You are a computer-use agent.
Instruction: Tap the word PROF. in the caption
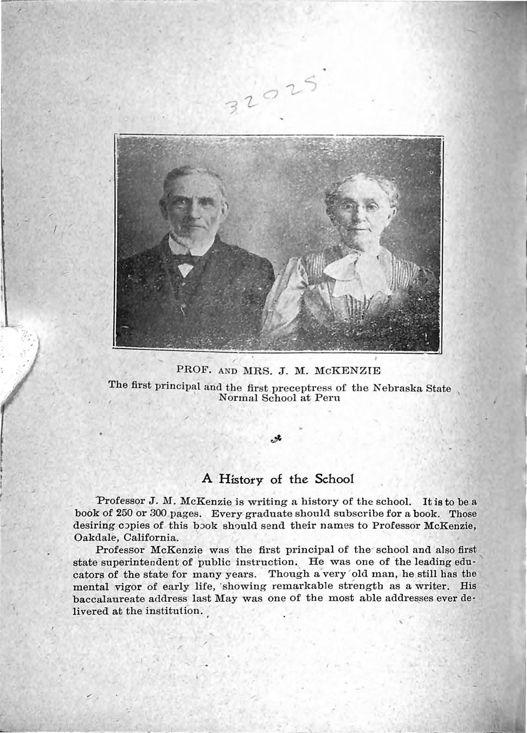tap(194, 371)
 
